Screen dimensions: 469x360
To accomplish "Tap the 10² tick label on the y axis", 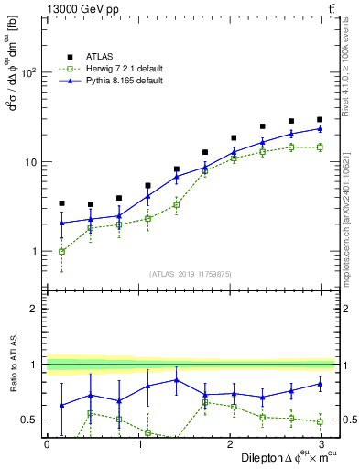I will coord(28,72).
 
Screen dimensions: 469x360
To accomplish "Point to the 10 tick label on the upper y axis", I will coord(30,162).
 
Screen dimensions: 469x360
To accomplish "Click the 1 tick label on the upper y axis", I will coord(34,251).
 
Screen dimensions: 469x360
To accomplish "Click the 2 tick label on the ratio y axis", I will coord(34,309).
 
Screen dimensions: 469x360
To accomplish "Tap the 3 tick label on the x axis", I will coord(322,443).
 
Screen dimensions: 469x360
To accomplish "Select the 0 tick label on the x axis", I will coord(47,443).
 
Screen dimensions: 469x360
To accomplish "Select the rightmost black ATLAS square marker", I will coord(320,120).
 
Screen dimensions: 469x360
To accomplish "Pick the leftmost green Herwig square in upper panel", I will coord(61,251).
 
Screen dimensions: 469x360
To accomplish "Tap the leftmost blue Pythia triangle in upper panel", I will coord(61,223).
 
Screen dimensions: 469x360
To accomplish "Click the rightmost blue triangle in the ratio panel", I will coord(320,384).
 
